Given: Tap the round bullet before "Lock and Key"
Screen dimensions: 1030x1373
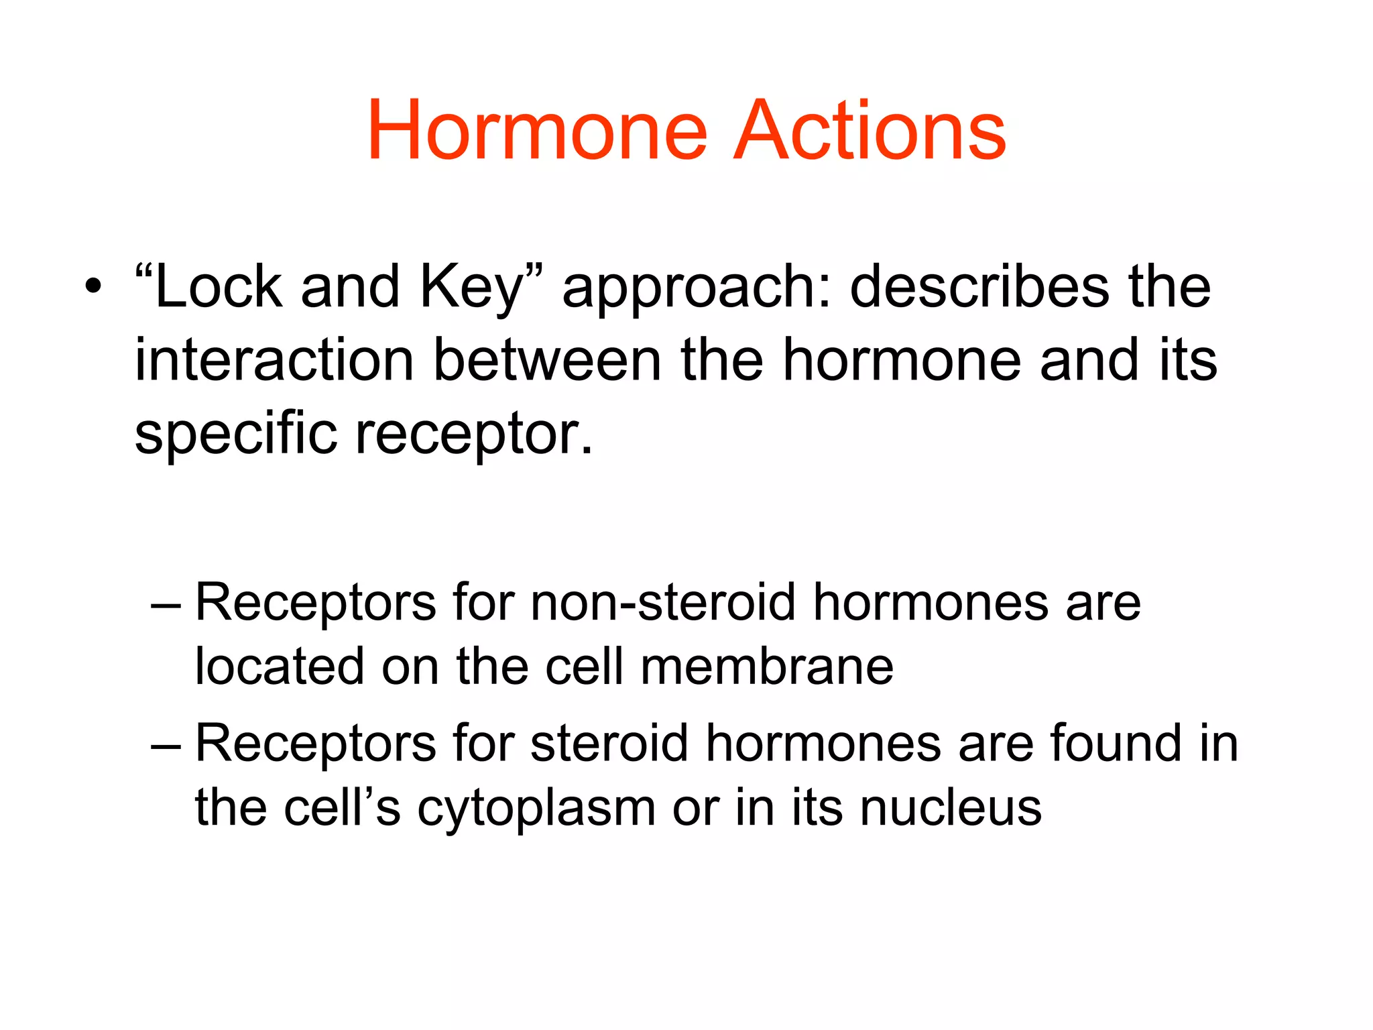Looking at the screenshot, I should tap(93, 288).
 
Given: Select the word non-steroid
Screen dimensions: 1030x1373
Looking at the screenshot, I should tap(663, 602).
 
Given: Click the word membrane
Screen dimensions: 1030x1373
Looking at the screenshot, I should tap(767, 667).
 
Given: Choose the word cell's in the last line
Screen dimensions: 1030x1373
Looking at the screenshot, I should tap(342, 808).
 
